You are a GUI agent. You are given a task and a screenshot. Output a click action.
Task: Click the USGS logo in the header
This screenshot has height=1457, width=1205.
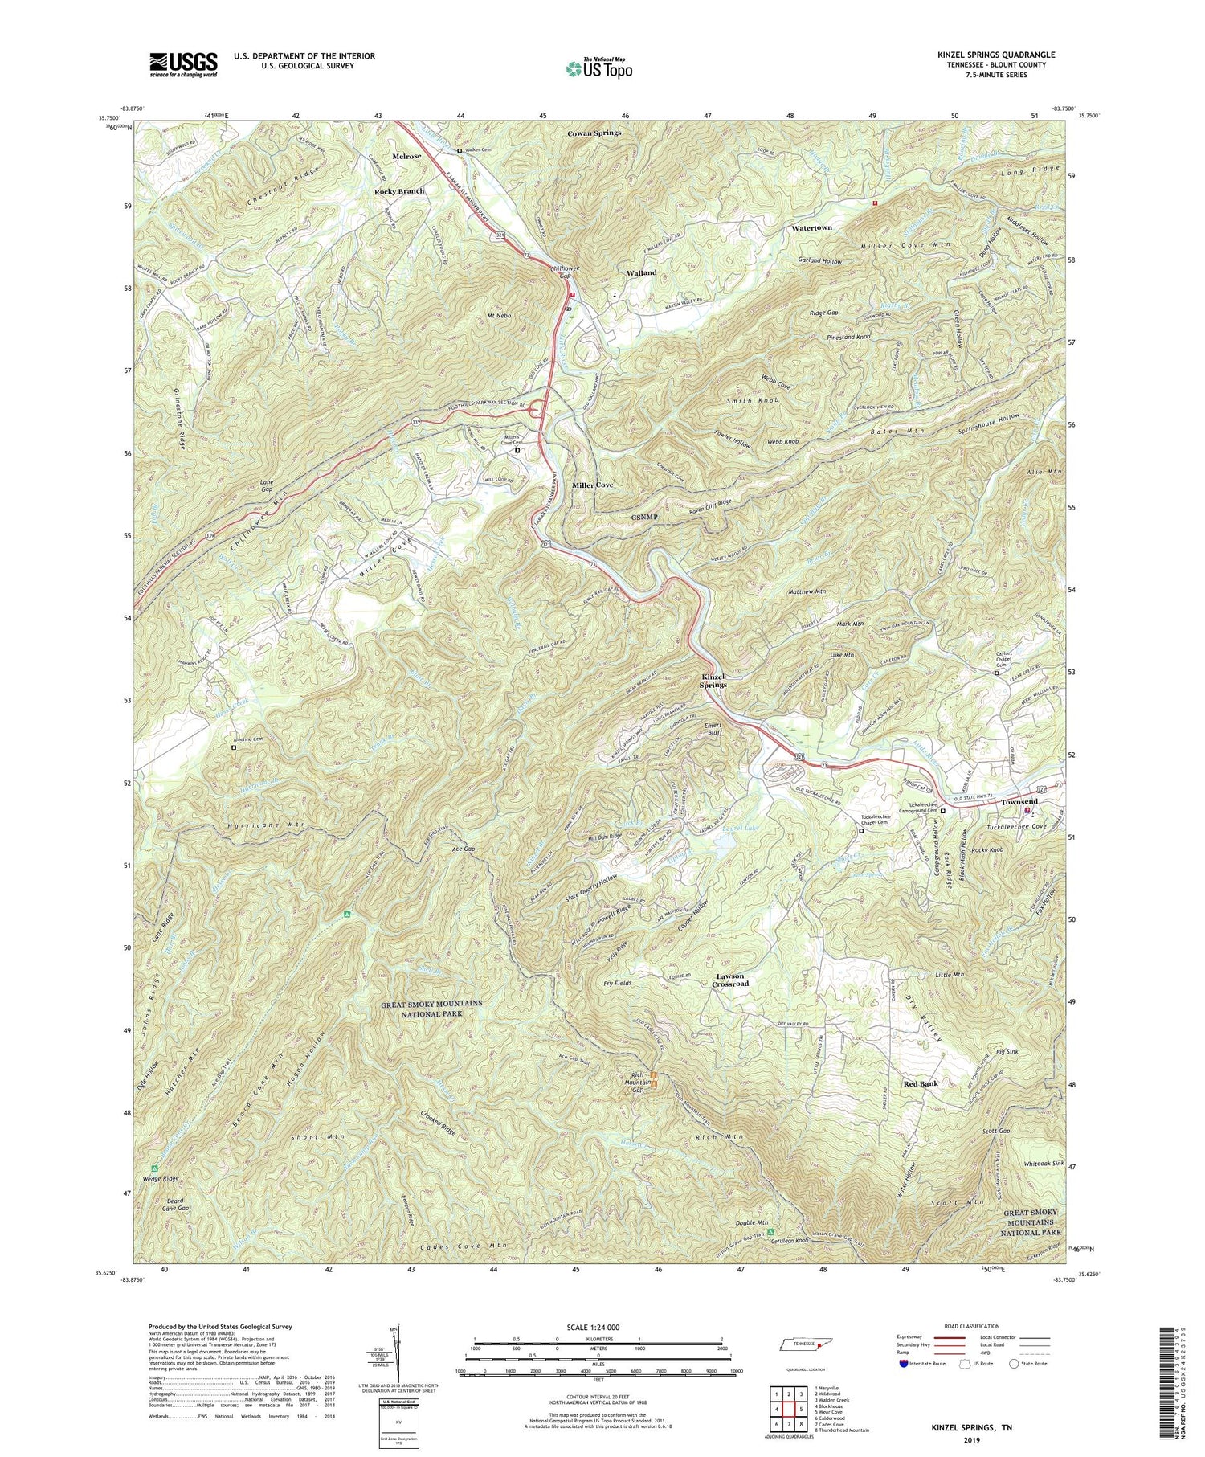click(x=183, y=64)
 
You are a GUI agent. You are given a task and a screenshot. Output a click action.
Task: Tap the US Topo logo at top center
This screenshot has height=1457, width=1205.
click(x=598, y=68)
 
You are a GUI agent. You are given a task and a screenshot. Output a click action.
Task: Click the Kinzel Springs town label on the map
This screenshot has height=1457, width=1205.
click(x=713, y=680)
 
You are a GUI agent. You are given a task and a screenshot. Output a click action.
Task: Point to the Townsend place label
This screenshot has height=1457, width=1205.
click(x=1019, y=802)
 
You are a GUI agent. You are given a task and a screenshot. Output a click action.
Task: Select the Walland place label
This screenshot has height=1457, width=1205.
click(x=641, y=272)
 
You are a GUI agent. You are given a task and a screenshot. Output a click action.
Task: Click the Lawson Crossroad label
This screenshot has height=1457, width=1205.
click(x=731, y=980)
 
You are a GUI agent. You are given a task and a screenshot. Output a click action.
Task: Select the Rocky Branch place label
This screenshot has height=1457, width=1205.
click(x=398, y=191)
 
